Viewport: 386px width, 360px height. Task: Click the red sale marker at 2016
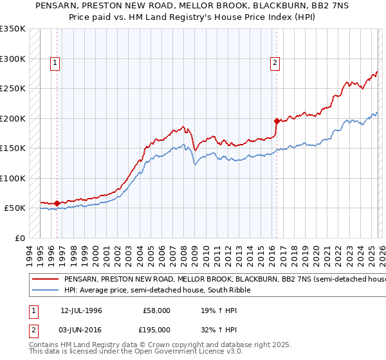pos(277,121)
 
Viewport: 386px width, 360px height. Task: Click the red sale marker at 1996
pos(57,203)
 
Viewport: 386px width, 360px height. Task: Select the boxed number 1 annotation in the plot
pos(55,63)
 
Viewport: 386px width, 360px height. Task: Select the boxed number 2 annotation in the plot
pos(275,63)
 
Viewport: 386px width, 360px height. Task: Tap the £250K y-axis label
pos(13,88)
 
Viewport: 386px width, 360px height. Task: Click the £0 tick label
pos(20,238)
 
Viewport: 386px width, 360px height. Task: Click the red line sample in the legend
pos(45,280)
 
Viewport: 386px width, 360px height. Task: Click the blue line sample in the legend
pos(45,291)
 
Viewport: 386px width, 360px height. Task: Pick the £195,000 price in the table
pos(157,329)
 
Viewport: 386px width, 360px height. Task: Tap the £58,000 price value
pos(157,310)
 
